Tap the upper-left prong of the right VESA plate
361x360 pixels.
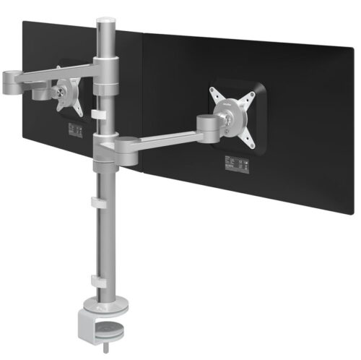(213, 93)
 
